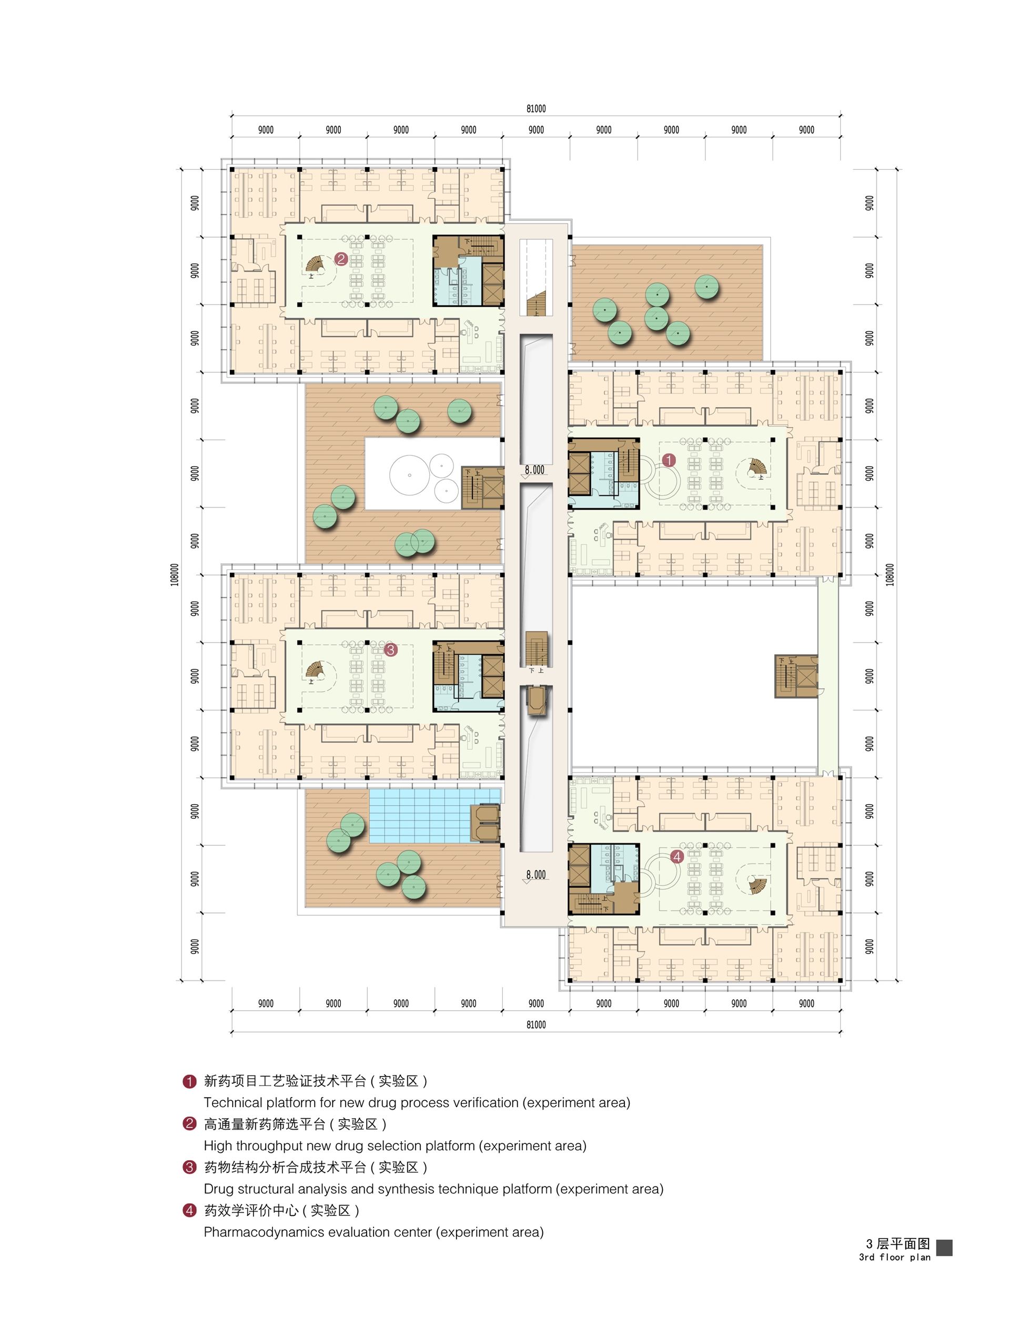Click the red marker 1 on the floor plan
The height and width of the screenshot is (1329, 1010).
(669, 460)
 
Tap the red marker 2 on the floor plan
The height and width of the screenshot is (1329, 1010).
(341, 259)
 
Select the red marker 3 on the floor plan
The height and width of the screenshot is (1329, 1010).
(390, 650)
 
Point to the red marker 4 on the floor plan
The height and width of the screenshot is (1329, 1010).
(678, 857)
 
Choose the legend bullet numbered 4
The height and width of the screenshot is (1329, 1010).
(189, 1211)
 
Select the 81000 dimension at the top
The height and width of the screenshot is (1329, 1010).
(536, 109)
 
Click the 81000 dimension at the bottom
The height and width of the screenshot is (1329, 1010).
(536, 1025)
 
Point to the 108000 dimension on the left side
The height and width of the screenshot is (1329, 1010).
(174, 575)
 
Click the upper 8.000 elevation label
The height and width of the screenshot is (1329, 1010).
(534, 470)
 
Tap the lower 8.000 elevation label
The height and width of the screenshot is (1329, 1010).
(536, 875)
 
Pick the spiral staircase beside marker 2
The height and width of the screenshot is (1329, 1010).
(315, 265)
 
